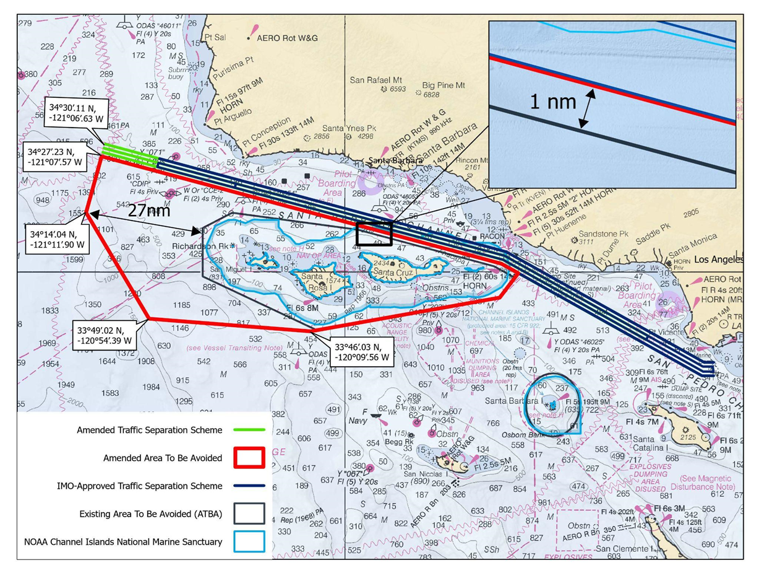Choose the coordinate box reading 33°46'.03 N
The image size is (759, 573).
[x=362, y=351]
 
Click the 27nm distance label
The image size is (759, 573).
[x=149, y=211]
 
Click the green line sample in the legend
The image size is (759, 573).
[x=251, y=430]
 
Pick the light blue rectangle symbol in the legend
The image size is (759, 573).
[x=251, y=541]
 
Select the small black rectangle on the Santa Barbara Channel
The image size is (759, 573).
[x=374, y=233]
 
